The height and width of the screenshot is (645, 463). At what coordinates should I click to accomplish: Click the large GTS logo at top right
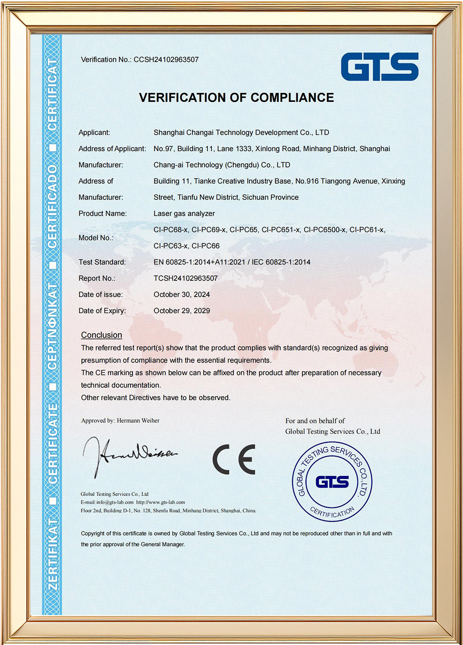(x=380, y=67)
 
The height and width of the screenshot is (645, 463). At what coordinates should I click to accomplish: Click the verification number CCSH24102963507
(x=166, y=60)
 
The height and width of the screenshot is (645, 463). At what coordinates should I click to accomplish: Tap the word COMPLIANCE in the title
(x=292, y=98)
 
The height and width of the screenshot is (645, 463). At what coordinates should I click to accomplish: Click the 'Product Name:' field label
(x=103, y=214)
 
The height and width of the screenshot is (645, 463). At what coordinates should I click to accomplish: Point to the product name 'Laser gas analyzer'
(x=184, y=214)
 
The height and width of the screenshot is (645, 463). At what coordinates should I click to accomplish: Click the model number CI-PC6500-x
(x=325, y=230)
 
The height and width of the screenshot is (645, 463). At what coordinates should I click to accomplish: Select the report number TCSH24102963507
(x=186, y=279)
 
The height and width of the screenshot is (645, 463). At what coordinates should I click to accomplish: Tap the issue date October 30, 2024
(x=181, y=295)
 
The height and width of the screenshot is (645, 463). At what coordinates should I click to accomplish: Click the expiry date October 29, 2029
(x=181, y=311)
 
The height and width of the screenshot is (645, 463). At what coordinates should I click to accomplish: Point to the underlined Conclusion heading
(x=101, y=335)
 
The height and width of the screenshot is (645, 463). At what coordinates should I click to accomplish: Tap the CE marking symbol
(x=234, y=459)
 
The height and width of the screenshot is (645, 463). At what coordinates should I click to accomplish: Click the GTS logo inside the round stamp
(x=332, y=482)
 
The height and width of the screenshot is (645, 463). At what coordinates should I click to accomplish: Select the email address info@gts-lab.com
(x=114, y=502)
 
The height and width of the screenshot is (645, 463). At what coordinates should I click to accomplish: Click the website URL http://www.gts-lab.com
(x=160, y=502)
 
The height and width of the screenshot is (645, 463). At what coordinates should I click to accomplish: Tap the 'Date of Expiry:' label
(x=102, y=311)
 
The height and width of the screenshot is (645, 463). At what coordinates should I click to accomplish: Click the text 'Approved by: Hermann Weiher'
(x=120, y=421)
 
